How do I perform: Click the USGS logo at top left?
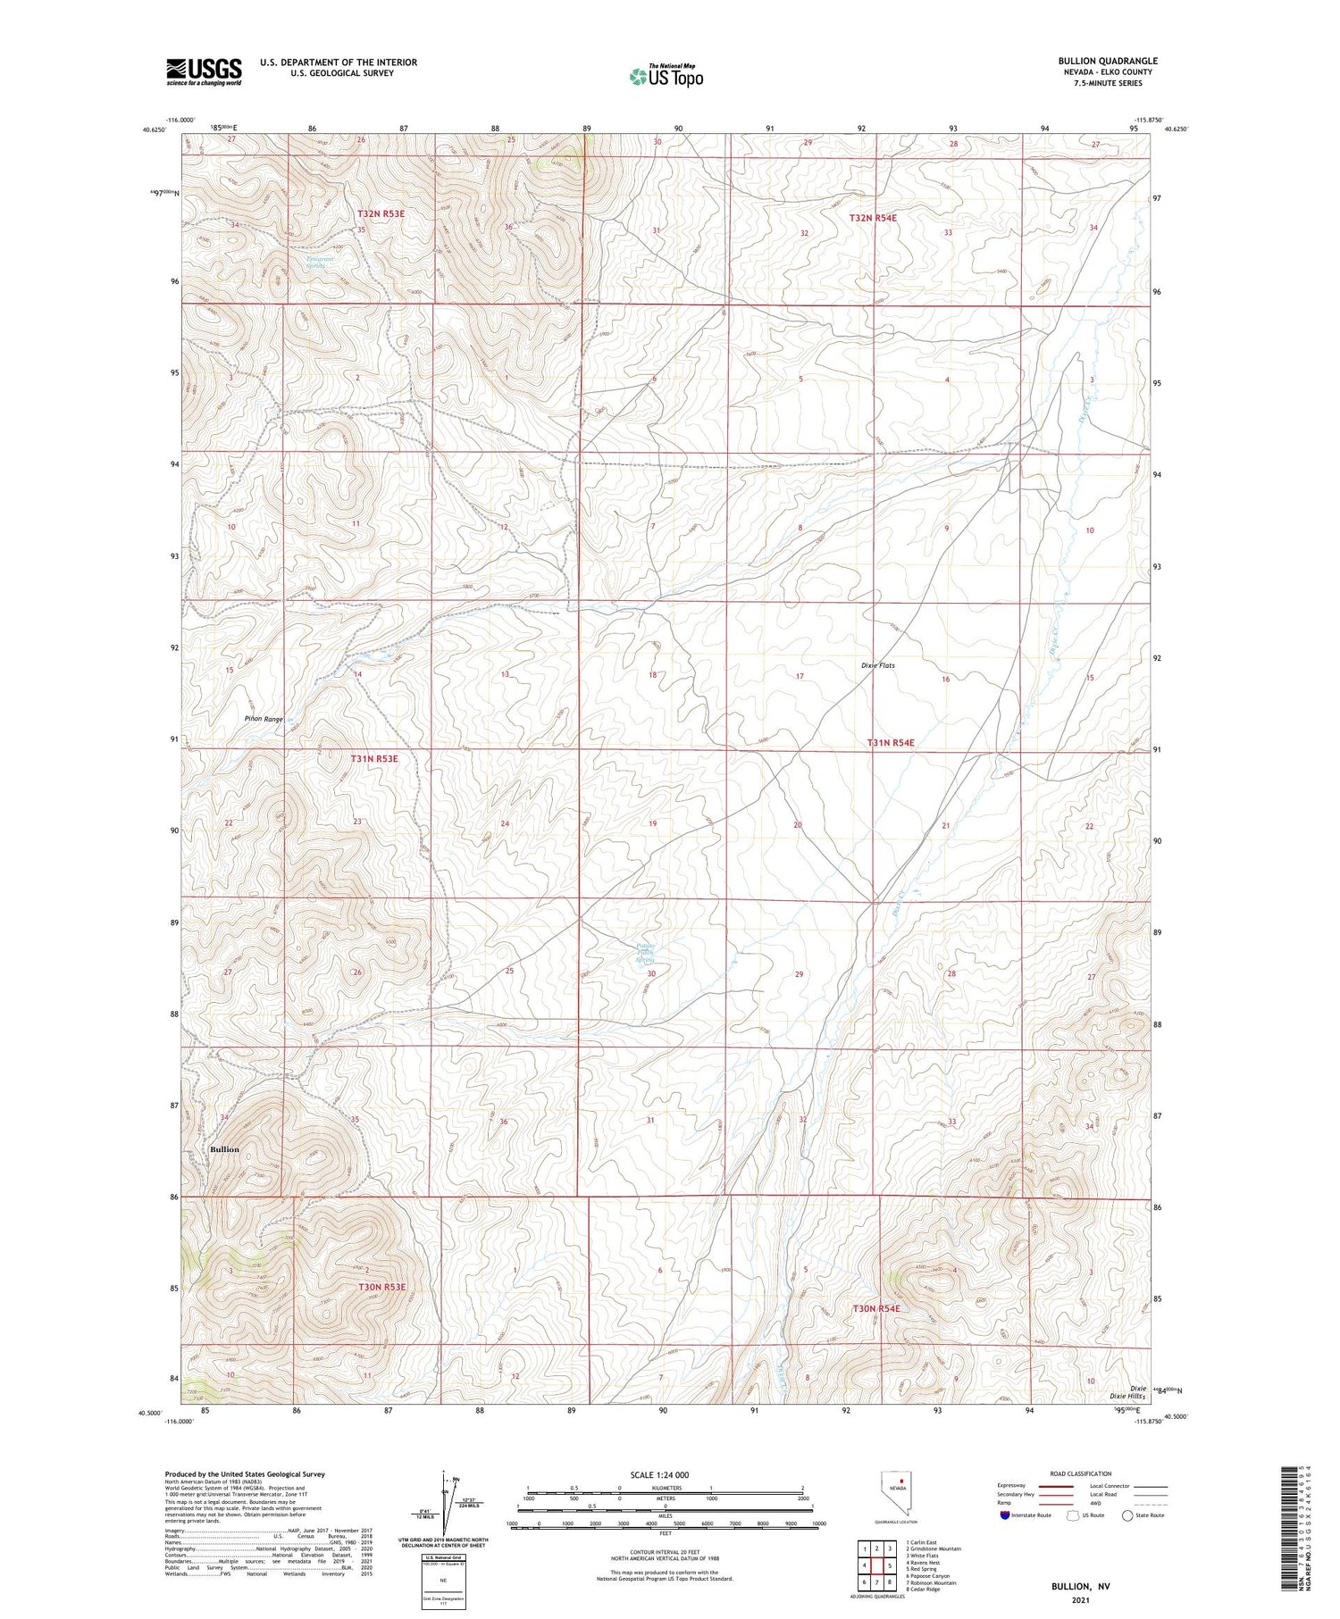(x=204, y=71)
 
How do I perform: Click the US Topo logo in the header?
(x=666, y=77)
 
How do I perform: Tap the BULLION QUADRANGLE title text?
(x=1107, y=61)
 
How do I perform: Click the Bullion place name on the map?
(x=224, y=1149)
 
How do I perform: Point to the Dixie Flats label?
(x=877, y=665)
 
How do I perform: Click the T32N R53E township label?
(x=381, y=214)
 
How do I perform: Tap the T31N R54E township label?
(x=891, y=743)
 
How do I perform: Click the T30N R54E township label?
(x=875, y=1308)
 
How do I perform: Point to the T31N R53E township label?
(x=374, y=759)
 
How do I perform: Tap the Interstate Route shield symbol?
(x=1006, y=1515)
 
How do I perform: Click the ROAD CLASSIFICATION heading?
(x=1081, y=1473)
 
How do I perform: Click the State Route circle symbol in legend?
(x=1127, y=1515)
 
